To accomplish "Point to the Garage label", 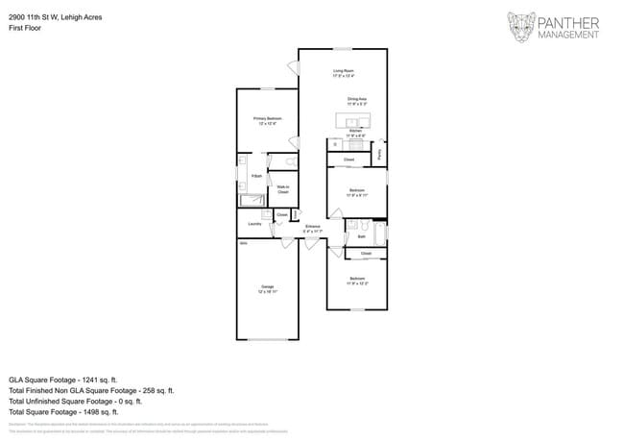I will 267,287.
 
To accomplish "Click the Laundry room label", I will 254,224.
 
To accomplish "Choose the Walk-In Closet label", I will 283,189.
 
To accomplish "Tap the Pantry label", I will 380,152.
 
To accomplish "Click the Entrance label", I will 313,228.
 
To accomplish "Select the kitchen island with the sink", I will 353,121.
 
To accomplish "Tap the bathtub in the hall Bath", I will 380,233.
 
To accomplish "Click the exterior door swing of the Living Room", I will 294,67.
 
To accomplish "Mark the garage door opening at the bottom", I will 267,339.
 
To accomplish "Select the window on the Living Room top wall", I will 343,49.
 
